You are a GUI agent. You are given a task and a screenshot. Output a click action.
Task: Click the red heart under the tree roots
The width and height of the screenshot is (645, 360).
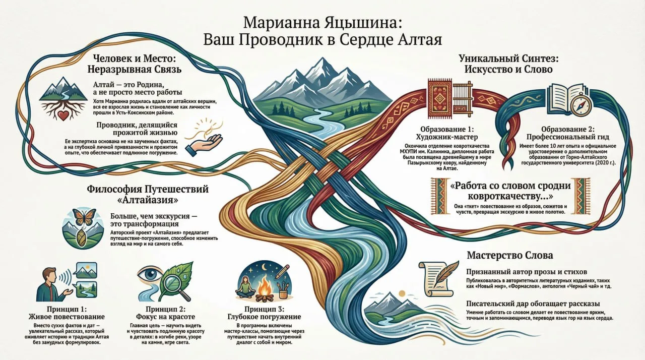point(63,115)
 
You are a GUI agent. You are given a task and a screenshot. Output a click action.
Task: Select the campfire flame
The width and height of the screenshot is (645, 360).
point(264,283)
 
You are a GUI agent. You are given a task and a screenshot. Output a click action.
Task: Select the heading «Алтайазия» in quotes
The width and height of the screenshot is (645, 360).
point(148,200)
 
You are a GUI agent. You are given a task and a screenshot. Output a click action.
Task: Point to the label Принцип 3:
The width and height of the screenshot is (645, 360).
point(265,309)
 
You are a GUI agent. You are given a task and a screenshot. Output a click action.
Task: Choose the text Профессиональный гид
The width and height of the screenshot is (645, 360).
point(567,137)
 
